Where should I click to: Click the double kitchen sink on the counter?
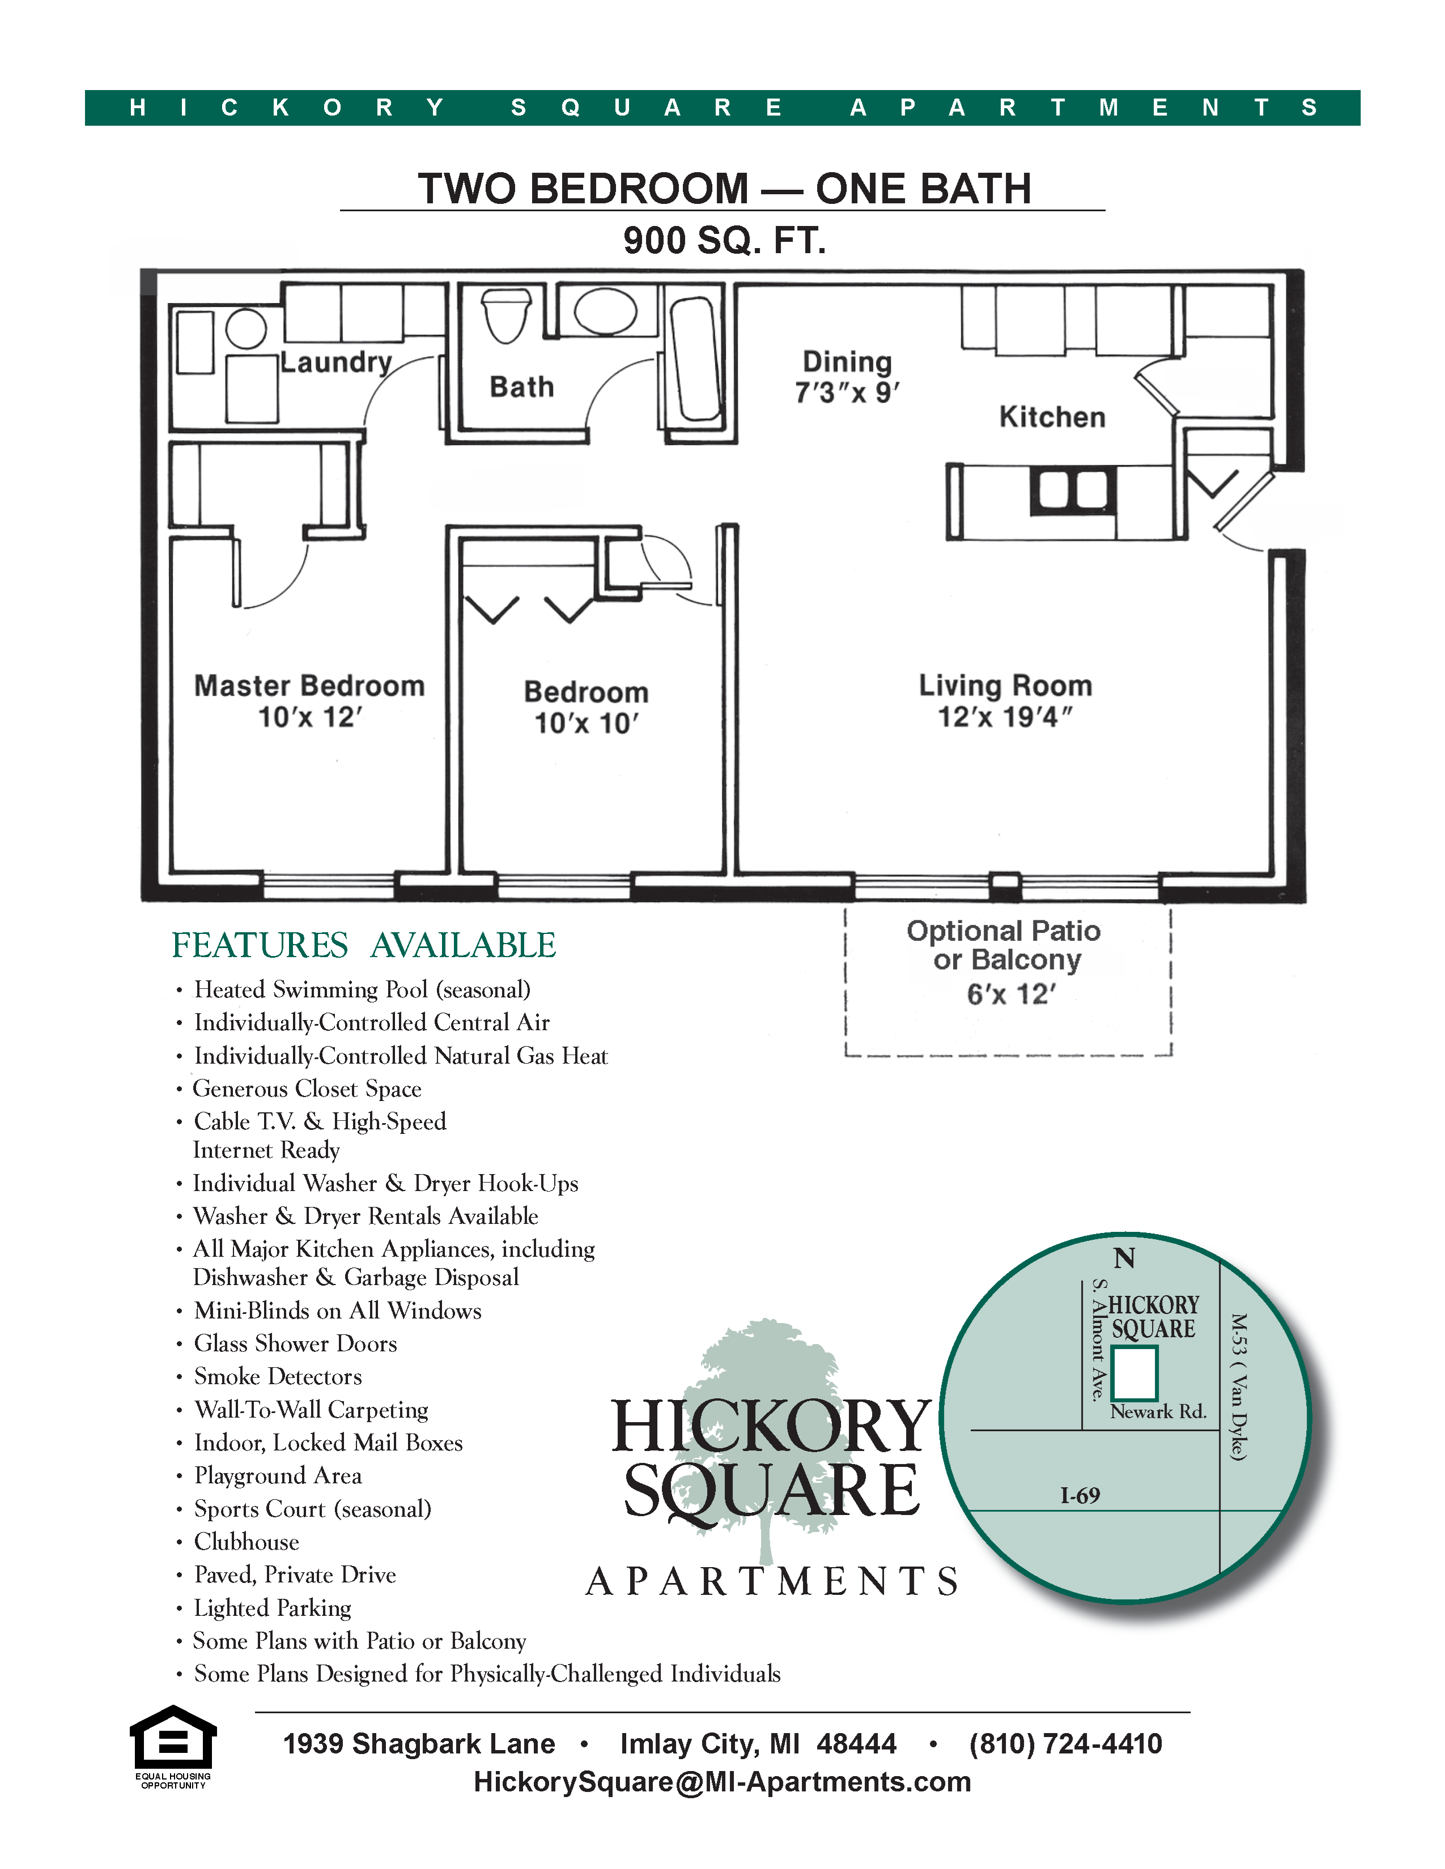tap(1073, 489)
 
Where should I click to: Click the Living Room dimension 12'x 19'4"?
tap(1005, 717)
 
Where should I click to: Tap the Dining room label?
tap(847, 361)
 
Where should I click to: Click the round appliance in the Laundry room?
tap(246, 328)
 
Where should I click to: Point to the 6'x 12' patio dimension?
tap(1010, 995)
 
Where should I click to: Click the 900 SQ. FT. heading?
tap(724, 241)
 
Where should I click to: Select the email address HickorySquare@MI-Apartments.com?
tap(722, 1782)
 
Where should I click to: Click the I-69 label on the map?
tap(1079, 1496)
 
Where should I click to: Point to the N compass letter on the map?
tap(1124, 1258)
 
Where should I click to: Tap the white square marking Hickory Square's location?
tap(1134, 1373)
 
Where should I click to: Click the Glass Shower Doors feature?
tap(295, 1343)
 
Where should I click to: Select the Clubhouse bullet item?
tap(246, 1542)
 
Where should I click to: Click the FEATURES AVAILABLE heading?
tap(364, 946)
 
